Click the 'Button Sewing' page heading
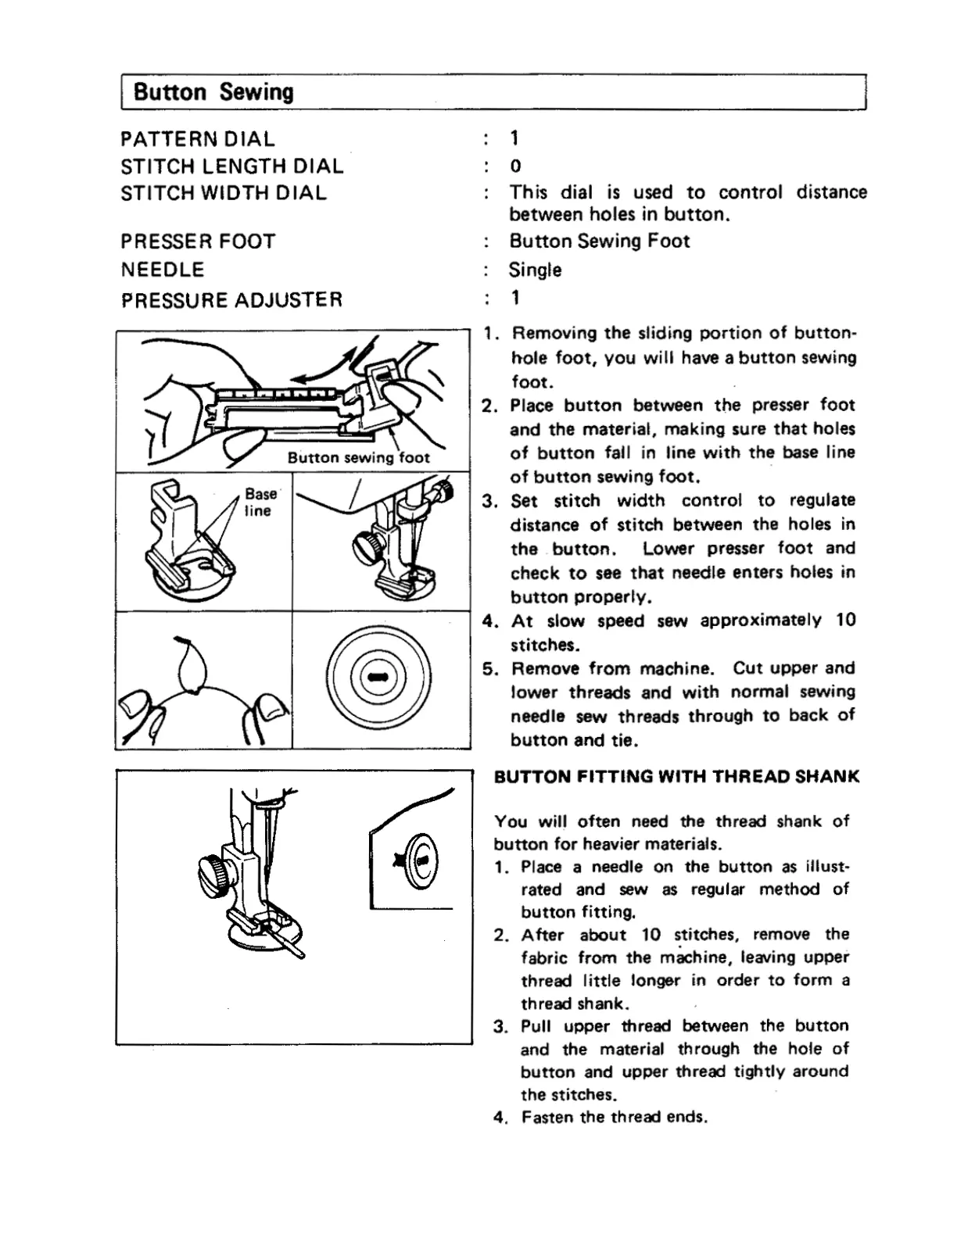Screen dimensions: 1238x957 click(x=213, y=92)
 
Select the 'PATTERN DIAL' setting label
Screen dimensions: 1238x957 click(x=198, y=139)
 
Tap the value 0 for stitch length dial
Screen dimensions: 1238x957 click(x=515, y=166)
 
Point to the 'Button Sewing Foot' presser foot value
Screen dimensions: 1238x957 click(x=600, y=241)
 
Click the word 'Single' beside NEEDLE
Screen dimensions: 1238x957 click(x=535, y=270)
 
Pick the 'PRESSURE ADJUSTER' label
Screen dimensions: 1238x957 click(x=232, y=300)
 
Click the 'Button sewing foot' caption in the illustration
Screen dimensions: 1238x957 click(x=358, y=458)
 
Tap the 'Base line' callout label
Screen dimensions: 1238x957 click(x=259, y=503)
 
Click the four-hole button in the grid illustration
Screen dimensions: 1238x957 click(x=379, y=678)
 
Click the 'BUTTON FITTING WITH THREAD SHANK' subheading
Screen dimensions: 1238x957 click(x=676, y=777)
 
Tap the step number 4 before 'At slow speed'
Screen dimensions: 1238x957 click(x=489, y=621)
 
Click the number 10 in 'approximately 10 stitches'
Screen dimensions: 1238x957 click(x=845, y=621)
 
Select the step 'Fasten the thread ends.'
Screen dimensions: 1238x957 click(x=614, y=1118)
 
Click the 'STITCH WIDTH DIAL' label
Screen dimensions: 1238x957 click(x=224, y=193)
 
